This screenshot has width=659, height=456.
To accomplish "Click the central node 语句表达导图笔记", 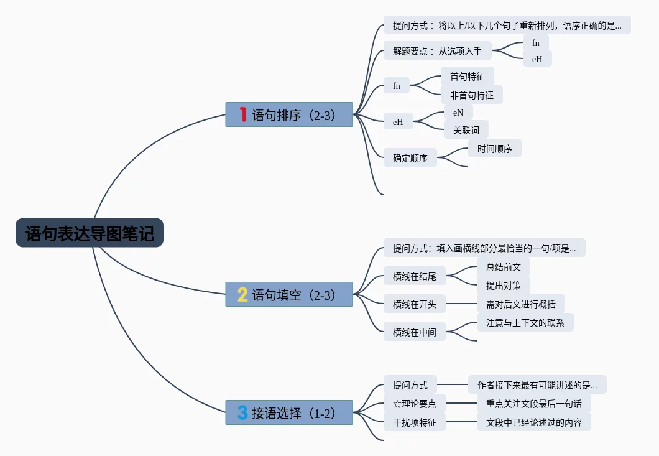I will click(x=90, y=233).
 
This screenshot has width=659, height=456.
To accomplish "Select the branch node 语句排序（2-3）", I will click(x=289, y=114).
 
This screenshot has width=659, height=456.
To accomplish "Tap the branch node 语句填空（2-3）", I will click(x=289, y=294).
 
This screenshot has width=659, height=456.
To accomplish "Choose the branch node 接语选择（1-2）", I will click(x=289, y=412).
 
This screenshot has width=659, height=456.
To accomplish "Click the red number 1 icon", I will click(x=242, y=114).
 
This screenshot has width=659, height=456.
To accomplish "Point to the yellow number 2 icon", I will click(x=242, y=294).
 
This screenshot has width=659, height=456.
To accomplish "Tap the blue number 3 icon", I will click(x=242, y=412).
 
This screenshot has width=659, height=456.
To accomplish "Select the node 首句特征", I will click(x=468, y=77).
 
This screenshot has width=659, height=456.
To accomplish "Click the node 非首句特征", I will click(x=472, y=95).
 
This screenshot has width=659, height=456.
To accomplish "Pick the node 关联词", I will click(x=466, y=130).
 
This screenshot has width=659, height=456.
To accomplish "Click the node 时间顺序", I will click(x=495, y=149).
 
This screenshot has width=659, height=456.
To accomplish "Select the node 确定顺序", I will click(x=410, y=158).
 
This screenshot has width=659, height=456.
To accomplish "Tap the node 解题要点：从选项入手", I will click(x=437, y=51).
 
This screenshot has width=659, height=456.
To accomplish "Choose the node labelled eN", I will click(x=458, y=113).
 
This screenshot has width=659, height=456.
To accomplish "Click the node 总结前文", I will click(x=499, y=268).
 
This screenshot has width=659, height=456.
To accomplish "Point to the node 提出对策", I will click(x=499, y=286).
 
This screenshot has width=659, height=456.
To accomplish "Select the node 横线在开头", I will click(x=415, y=304).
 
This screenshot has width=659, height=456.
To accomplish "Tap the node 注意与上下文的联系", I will click(x=525, y=323).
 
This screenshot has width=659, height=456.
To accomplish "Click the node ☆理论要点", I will click(x=415, y=404).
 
